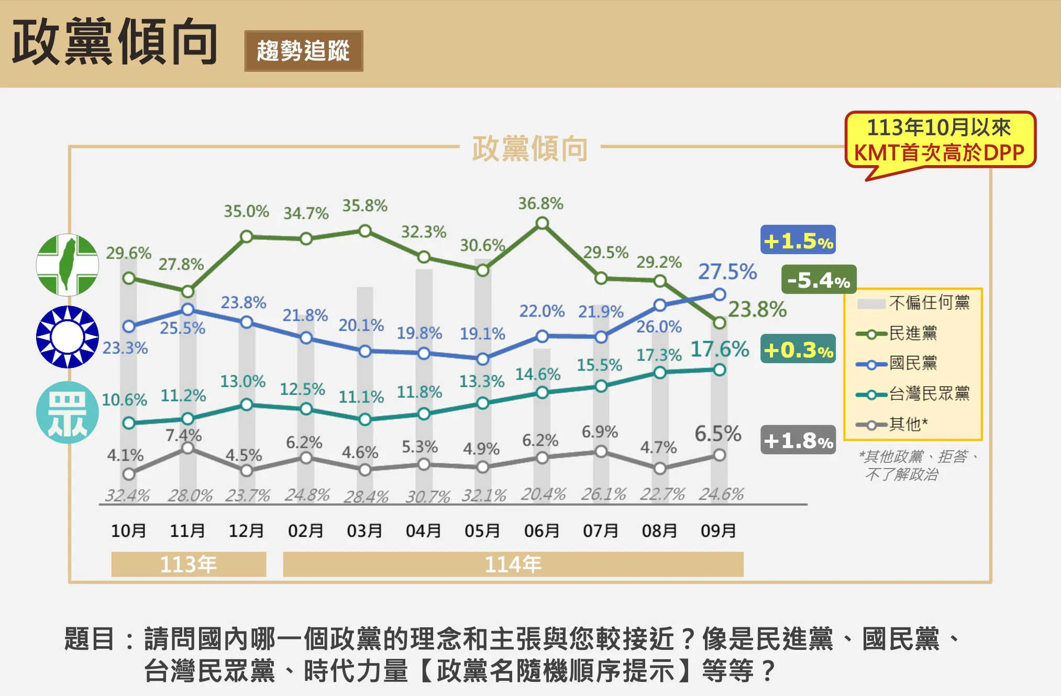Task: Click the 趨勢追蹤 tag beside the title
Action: click(x=303, y=51)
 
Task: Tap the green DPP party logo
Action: click(x=68, y=265)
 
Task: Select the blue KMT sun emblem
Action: click(x=68, y=336)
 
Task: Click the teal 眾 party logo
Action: click(x=68, y=412)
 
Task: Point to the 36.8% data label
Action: click(x=540, y=203)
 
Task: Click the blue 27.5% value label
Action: click(x=727, y=271)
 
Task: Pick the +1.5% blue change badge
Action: click(x=798, y=240)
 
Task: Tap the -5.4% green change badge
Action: click(x=819, y=280)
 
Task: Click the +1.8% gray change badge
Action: click(x=798, y=440)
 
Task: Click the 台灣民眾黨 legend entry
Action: click(x=912, y=394)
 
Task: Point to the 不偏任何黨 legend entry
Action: click(x=913, y=303)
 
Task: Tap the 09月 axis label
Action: click(x=719, y=531)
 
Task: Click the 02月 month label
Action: click(x=306, y=531)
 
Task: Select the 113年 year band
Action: click(x=189, y=564)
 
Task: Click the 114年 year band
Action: click(x=513, y=564)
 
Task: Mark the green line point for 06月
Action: click(x=543, y=224)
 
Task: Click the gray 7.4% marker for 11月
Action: click(x=188, y=448)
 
